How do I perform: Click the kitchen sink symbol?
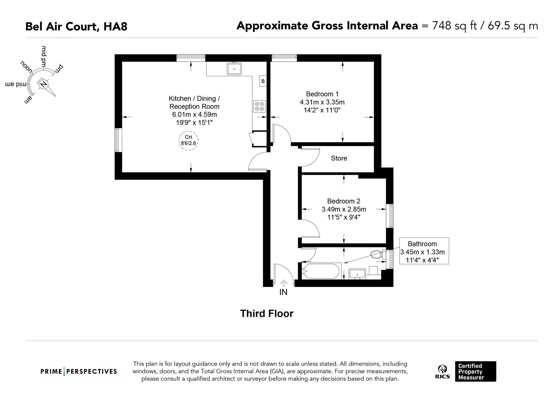(x=234, y=69)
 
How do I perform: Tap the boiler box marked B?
(x=263, y=81)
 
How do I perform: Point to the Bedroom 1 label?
(x=322, y=94)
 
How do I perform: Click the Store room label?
(x=339, y=158)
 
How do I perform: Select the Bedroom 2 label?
(x=343, y=201)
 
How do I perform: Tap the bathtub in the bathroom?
(x=321, y=271)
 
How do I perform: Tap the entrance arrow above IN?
(x=283, y=283)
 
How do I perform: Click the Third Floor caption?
(x=267, y=313)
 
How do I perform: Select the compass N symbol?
(x=44, y=84)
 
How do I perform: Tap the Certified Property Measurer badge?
(x=475, y=371)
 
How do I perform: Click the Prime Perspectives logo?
(x=79, y=371)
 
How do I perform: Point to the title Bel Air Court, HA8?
(x=76, y=26)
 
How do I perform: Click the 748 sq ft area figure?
(x=454, y=26)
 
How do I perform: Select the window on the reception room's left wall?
(x=118, y=140)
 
